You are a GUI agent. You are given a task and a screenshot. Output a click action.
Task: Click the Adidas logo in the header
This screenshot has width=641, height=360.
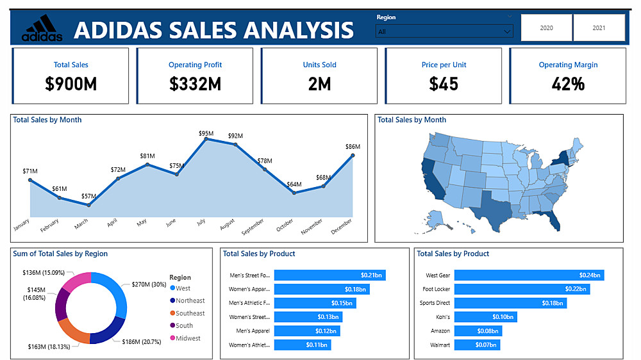click(x=42, y=29)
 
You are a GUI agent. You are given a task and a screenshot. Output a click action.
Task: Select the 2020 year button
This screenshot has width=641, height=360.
click(x=546, y=28)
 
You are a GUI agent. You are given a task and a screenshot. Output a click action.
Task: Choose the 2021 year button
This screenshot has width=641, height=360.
click(x=599, y=28)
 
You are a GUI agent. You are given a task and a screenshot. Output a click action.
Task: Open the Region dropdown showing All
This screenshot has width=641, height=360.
click(x=444, y=31)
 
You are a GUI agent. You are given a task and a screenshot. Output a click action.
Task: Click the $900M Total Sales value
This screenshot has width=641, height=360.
click(x=71, y=84)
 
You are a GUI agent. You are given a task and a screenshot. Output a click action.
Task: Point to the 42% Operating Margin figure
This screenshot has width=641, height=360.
click(x=568, y=84)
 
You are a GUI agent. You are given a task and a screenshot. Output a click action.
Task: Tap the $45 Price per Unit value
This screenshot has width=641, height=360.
click(x=444, y=84)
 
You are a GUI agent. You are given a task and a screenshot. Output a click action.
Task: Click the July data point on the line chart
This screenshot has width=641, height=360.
click(x=206, y=139)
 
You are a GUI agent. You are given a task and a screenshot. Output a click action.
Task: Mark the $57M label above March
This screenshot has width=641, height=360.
click(x=89, y=196)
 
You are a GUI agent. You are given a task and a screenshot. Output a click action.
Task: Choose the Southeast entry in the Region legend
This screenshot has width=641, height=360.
click(x=190, y=313)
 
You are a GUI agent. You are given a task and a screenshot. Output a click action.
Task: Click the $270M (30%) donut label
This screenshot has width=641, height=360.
click(x=149, y=284)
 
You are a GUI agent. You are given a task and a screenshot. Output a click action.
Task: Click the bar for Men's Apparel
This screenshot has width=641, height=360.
click(x=306, y=331)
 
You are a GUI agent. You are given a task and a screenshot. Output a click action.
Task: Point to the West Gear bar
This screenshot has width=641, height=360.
click(x=529, y=275)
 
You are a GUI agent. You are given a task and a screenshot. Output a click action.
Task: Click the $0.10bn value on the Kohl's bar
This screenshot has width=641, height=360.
click(x=503, y=317)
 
